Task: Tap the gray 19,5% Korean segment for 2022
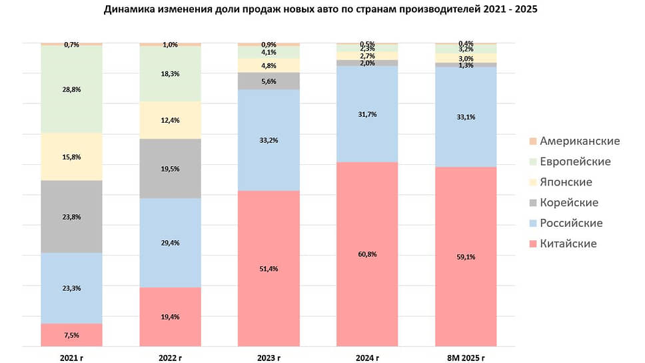[170, 168]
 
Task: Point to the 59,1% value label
[466, 257]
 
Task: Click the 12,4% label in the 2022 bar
[170, 120]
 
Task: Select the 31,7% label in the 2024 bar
[367, 114]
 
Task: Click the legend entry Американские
[580, 141]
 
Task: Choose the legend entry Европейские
[575, 161]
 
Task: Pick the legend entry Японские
[566, 182]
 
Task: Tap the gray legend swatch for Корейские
[532, 203]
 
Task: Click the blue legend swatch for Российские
[532, 223]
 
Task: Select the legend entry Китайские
[568, 244]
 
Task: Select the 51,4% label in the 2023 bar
[269, 269]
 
